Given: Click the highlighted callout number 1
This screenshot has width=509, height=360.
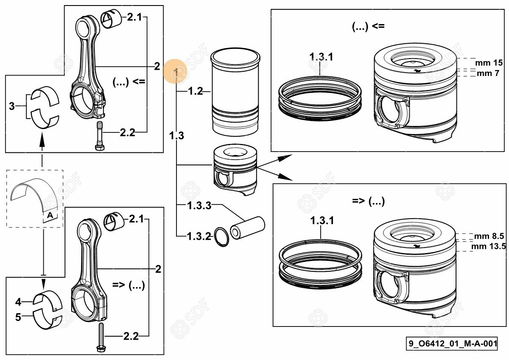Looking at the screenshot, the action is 176,73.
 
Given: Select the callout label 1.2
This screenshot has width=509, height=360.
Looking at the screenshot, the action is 196,91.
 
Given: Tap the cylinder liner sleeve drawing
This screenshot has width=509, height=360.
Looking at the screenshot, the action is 235,92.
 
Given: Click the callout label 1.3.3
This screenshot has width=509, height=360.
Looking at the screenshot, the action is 199,205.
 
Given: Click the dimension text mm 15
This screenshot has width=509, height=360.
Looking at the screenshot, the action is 489,63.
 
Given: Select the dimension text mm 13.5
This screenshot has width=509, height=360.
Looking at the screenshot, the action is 489,246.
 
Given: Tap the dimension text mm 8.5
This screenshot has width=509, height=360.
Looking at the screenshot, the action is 489,236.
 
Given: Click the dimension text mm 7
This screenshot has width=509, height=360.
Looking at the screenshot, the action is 488,73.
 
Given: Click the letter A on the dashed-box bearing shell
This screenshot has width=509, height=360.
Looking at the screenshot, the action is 50,215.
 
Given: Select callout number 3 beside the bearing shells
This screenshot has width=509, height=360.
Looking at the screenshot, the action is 11,106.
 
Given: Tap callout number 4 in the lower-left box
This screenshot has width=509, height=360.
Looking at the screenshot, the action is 18,302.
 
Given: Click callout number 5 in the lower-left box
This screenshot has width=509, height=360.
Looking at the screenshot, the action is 18,317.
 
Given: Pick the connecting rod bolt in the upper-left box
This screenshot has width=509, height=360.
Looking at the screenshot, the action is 100,136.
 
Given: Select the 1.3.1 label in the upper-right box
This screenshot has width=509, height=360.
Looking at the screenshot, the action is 321,56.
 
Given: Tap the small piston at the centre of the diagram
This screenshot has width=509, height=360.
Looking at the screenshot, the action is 235,169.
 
